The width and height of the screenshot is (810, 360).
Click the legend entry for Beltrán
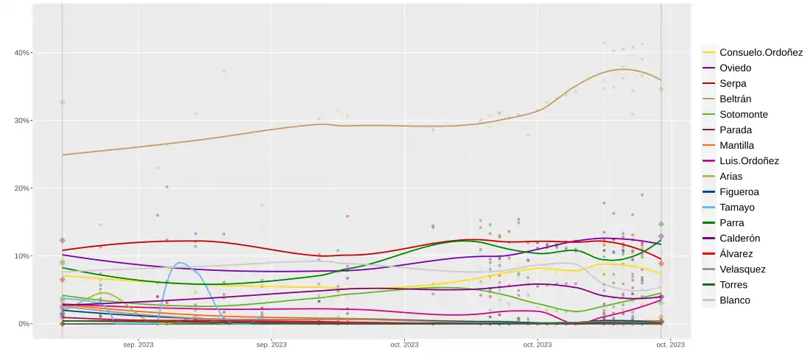pyautogui.click(x=735, y=99)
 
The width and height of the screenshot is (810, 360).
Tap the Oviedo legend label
pyautogui.click(x=736, y=68)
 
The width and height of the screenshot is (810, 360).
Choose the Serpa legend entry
pyautogui.click(x=733, y=83)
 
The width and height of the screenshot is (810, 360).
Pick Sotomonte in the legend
pyautogui.click(x=744, y=114)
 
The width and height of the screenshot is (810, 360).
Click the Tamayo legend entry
pyautogui.click(x=737, y=207)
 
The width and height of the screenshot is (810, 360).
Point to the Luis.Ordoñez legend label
pyautogui.click(x=749, y=160)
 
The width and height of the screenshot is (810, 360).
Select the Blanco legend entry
pyautogui.click(x=735, y=300)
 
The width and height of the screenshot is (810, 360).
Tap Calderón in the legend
pyautogui.click(x=740, y=238)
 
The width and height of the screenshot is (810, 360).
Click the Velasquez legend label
pyautogui.click(x=743, y=269)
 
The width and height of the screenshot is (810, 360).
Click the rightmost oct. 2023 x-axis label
pyautogui.click(x=670, y=344)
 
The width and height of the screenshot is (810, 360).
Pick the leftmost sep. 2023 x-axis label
pyautogui.click(x=138, y=344)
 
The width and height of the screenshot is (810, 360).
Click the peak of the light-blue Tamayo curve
pyautogui.click(x=180, y=263)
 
